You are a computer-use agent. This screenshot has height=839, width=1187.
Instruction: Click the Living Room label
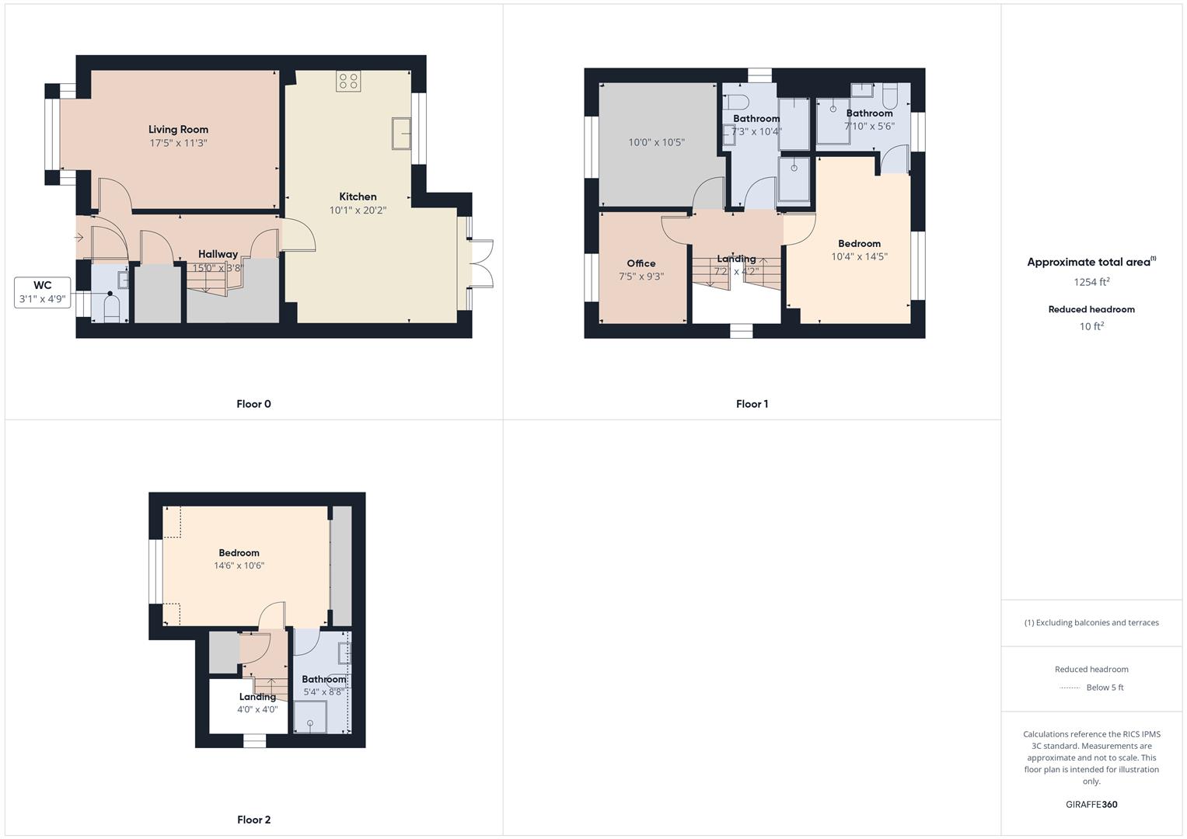tap(178, 130)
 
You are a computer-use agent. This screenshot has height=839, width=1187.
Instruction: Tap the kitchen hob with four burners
tap(347, 82)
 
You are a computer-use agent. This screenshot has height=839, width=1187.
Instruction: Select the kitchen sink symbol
tap(403, 133)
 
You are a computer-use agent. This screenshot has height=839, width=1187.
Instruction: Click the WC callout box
tap(43, 292)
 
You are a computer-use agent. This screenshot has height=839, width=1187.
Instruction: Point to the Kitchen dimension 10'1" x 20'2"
tap(358, 211)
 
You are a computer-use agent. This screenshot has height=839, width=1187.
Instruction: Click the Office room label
tap(641, 263)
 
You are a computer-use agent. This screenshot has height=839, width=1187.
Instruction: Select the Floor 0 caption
tap(253, 404)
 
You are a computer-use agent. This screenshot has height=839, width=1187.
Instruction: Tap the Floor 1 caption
tap(752, 404)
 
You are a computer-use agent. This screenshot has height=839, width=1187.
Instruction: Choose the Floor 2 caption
tap(253, 820)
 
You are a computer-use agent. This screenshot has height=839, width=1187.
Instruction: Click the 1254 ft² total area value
tap(1091, 282)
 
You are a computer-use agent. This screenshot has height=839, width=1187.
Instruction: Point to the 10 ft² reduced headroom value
tap(1091, 326)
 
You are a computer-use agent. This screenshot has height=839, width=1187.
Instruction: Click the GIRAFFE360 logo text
tap(1091, 805)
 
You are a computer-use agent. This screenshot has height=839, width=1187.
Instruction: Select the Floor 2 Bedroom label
tap(239, 553)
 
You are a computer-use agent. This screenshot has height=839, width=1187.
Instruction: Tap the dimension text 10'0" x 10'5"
tap(656, 143)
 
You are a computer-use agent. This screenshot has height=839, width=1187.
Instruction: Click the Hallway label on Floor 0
tap(218, 254)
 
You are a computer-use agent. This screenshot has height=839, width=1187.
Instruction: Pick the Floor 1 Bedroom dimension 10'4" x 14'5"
tap(859, 256)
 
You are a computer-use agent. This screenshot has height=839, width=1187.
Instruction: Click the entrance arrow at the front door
tap(79, 237)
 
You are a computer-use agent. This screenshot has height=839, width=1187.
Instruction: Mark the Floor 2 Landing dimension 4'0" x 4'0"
tap(257, 709)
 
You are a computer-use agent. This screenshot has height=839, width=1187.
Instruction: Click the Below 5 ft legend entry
tap(1104, 688)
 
